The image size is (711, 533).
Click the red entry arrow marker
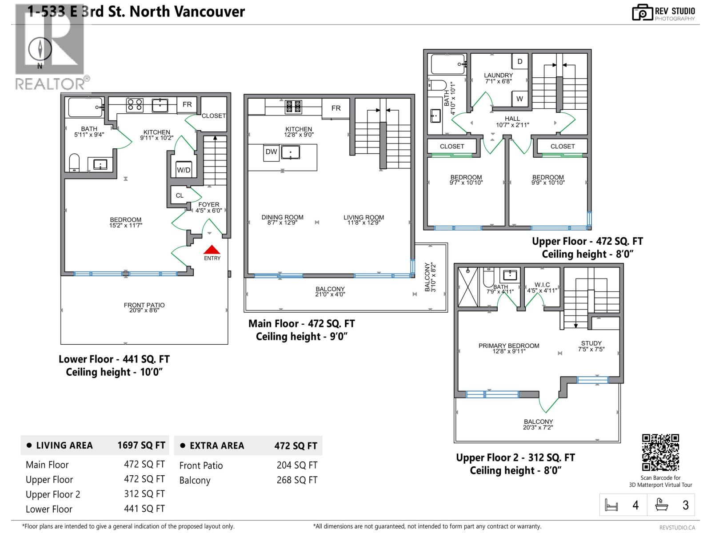pyautogui.click(x=212, y=250)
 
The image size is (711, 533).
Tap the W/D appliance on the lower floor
pyautogui.click(x=184, y=170)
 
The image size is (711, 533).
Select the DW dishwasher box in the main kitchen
pyautogui.click(x=271, y=152)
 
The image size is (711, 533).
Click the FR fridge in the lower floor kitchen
pyautogui.click(x=187, y=104)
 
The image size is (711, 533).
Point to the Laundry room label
pyautogui.click(x=498, y=76)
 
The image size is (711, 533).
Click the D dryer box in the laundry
pyautogui.click(x=519, y=62)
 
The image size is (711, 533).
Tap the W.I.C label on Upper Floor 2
pyautogui.click(x=542, y=285)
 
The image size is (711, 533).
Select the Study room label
pyautogui.click(x=591, y=343)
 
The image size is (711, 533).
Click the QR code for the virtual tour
pyautogui.click(x=660, y=452)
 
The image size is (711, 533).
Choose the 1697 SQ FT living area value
pyautogui.click(x=141, y=445)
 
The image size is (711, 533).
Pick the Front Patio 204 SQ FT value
pyautogui.click(x=297, y=465)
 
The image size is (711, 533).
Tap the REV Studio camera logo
pyautogui.click(x=642, y=12)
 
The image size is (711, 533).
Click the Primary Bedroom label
pyautogui.click(x=509, y=346)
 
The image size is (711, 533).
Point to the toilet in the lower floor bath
pyautogui.click(x=74, y=163)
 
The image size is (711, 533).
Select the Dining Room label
pyautogui.click(x=282, y=217)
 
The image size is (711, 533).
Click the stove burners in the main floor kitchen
pyautogui.click(x=293, y=106)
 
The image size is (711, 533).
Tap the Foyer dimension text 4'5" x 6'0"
pyautogui.click(x=208, y=211)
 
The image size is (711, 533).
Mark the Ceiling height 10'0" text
pyautogui.click(x=115, y=372)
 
